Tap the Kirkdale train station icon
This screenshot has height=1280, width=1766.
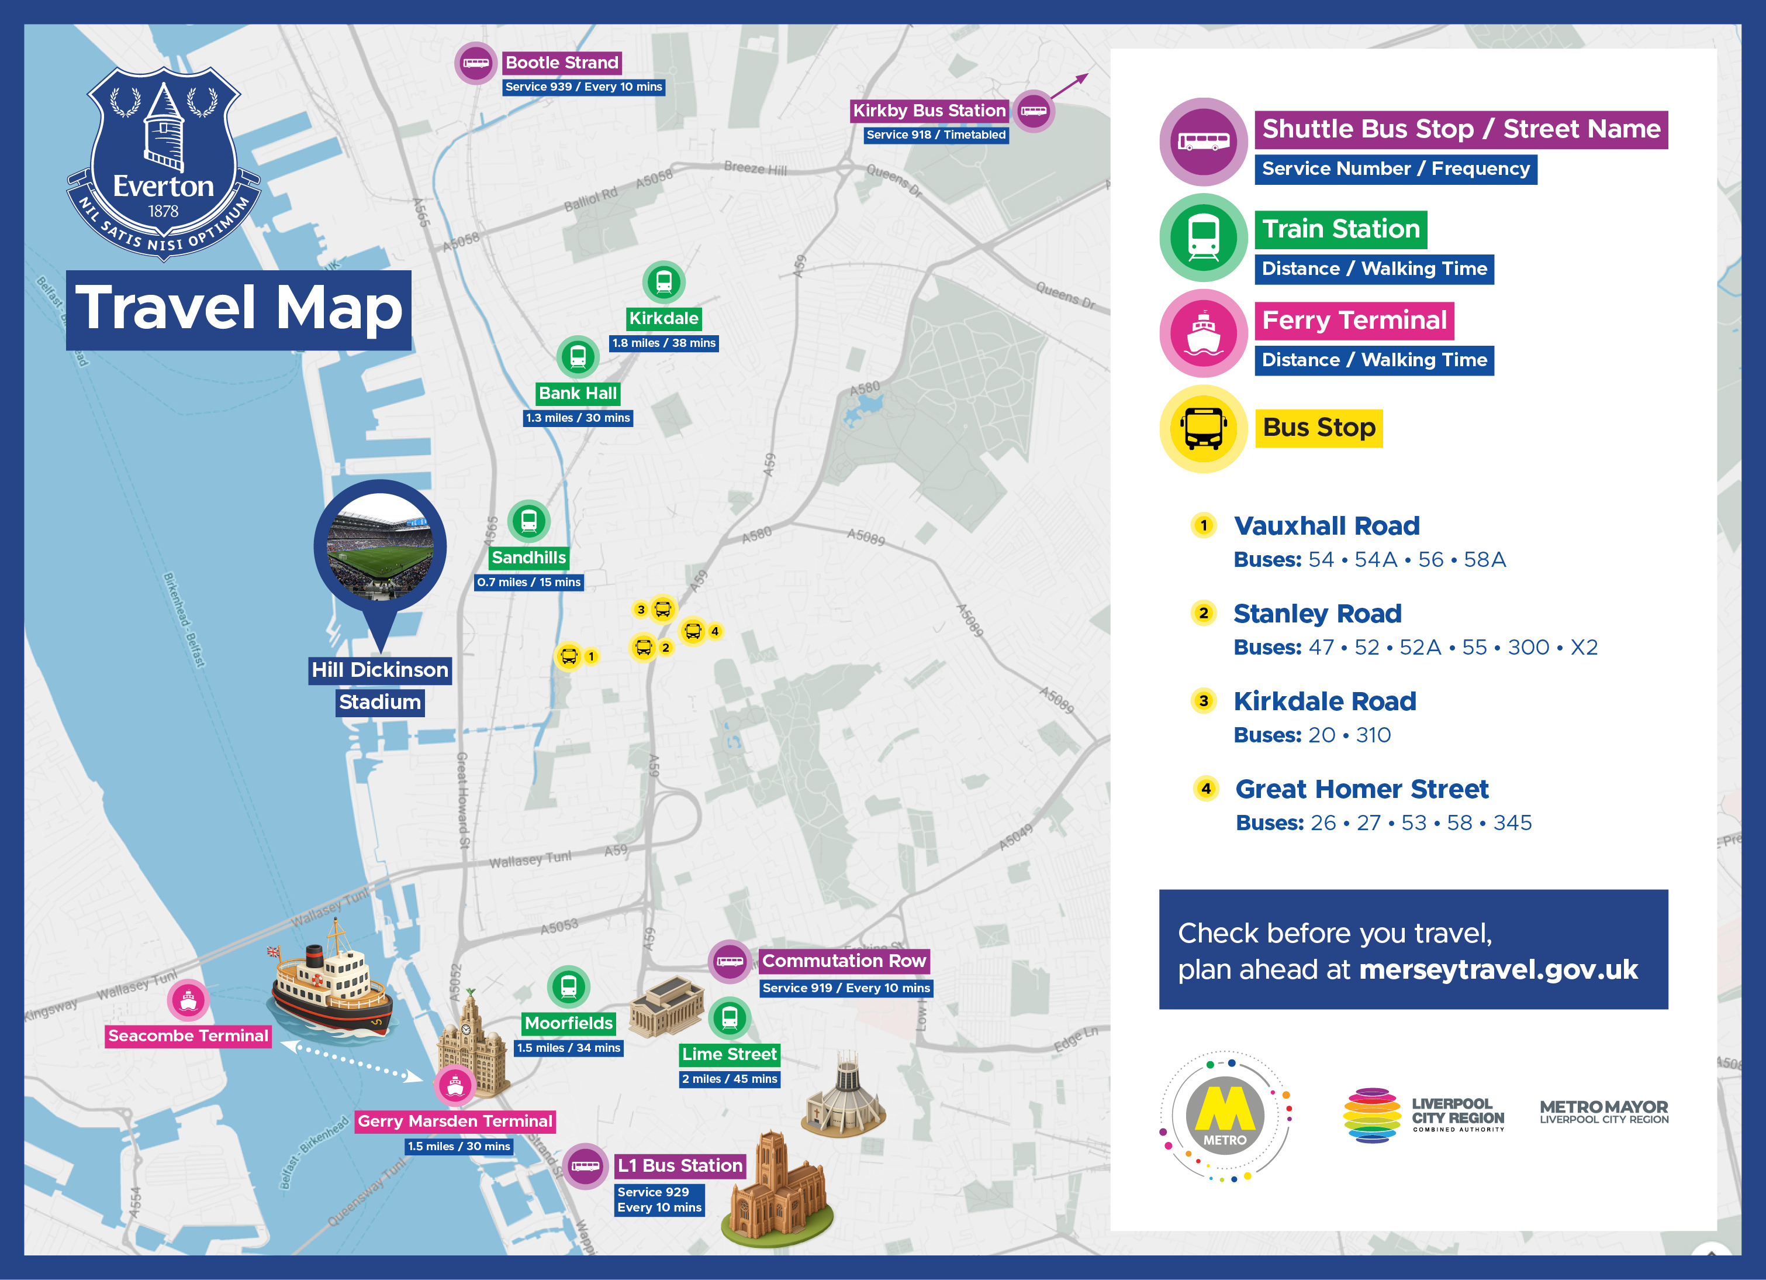point(663,282)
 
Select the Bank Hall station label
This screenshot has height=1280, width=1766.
point(577,394)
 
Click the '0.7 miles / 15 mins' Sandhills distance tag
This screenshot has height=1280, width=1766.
point(528,582)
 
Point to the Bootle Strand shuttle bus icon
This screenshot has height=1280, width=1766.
point(476,63)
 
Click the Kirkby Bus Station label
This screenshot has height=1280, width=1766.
point(929,111)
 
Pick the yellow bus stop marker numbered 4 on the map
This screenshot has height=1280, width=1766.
point(693,631)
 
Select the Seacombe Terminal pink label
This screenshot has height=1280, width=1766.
point(188,1035)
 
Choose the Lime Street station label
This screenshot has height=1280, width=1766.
point(729,1054)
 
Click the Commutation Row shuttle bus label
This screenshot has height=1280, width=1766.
point(844,961)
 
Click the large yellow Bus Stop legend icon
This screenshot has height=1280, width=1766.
point(1204,428)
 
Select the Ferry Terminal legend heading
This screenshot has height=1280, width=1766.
point(1354,320)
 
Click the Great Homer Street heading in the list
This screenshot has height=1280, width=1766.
point(1361,789)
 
